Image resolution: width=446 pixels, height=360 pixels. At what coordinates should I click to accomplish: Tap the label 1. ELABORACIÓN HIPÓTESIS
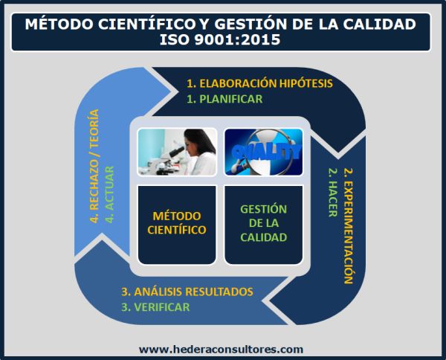click(x=259, y=83)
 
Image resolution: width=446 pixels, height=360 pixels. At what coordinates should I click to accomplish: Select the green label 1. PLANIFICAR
click(x=224, y=98)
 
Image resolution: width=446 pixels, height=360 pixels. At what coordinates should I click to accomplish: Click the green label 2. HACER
click(x=331, y=192)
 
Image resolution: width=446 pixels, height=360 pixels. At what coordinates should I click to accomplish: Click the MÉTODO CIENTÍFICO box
click(x=178, y=222)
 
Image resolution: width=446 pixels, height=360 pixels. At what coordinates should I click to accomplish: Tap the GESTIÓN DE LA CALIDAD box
click(x=264, y=222)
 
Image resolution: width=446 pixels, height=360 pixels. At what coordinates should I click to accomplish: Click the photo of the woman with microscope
click(x=178, y=152)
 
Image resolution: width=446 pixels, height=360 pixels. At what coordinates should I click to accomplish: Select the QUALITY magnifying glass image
click(x=264, y=152)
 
